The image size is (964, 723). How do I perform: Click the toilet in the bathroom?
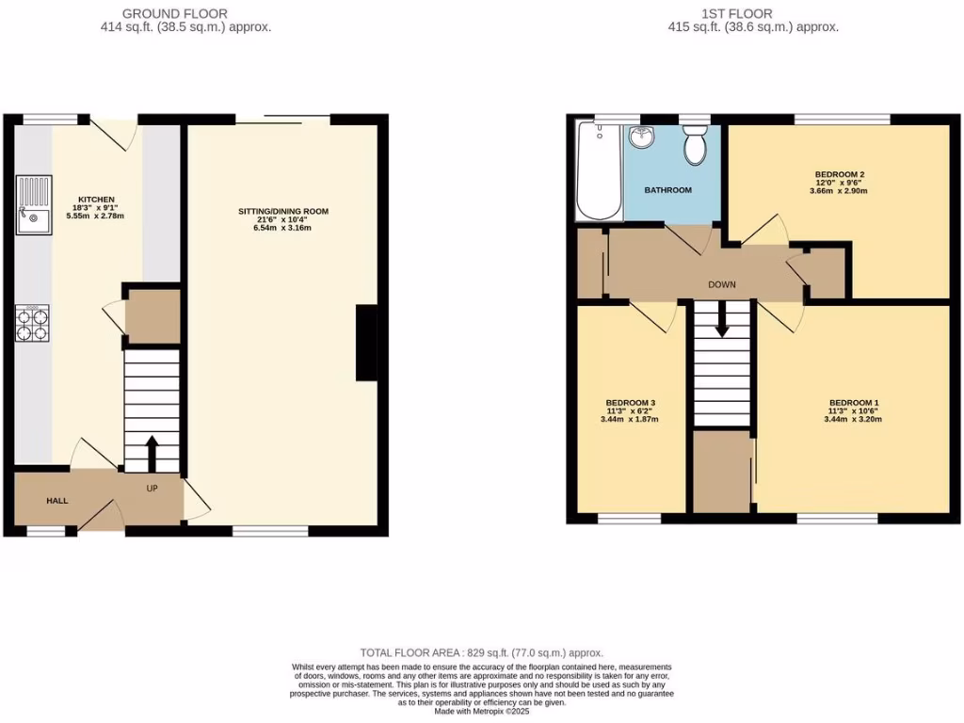[697, 147]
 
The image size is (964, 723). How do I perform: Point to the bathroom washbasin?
[643, 137]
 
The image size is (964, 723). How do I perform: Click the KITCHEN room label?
[96, 200]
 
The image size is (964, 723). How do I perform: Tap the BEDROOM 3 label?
[631, 403]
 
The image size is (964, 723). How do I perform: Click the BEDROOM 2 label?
[840, 174]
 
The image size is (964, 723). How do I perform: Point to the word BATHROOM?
[667, 190]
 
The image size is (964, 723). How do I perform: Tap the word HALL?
[57, 501]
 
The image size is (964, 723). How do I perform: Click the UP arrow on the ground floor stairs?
[152, 453]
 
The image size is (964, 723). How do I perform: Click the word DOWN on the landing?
[722, 284]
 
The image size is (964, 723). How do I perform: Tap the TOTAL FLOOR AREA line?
[482, 652]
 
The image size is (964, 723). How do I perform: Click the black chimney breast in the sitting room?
[366, 344]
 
